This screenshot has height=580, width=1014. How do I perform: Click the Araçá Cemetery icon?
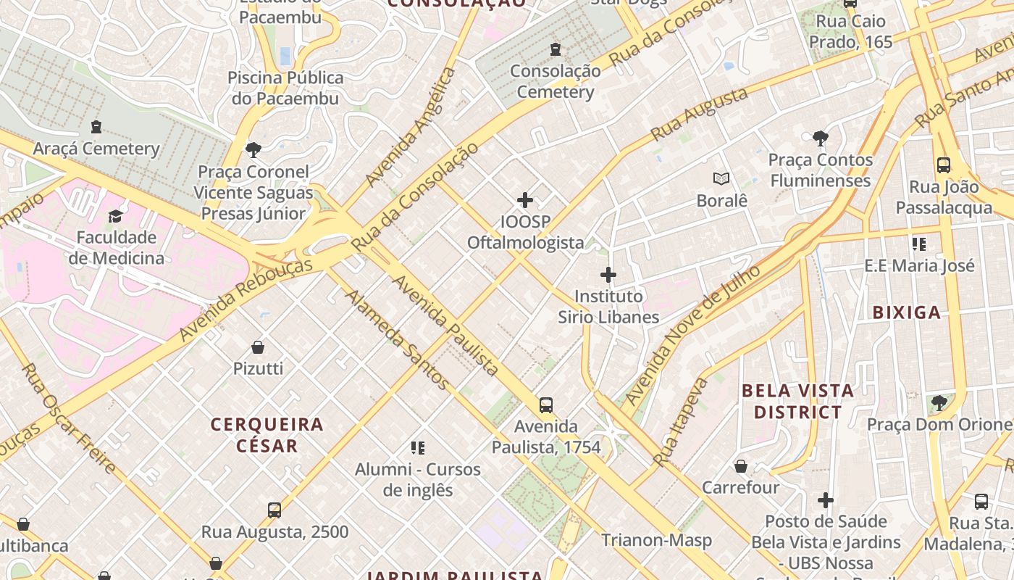[x=96, y=128]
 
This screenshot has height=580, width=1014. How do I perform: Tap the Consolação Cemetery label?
[x=556, y=81]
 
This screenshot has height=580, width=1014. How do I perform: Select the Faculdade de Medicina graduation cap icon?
[x=116, y=216]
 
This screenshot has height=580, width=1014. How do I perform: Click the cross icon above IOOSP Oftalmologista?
[x=525, y=200]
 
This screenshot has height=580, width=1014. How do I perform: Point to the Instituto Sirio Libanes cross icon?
[x=608, y=275]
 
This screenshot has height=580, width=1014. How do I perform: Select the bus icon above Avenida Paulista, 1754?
[x=546, y=405]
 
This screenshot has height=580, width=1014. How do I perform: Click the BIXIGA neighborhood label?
[x=906, y=312]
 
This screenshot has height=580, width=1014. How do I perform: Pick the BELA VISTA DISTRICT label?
[x=797, y=402]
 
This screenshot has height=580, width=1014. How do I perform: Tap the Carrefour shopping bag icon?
[x=741, y=466]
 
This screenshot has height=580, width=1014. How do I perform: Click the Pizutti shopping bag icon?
[x=258, y=347]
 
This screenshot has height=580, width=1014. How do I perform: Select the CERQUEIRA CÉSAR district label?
[x=267, y=434]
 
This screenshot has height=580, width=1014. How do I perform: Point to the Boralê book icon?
[x=721, y=178]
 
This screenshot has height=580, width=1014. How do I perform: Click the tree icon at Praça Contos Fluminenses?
[x=821, y=138]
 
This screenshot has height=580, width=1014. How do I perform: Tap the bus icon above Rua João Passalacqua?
[x=943, y=165]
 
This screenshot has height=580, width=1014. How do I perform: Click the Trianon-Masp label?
[x=656, y=540]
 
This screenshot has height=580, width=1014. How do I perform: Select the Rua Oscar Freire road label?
[x=68, y=419]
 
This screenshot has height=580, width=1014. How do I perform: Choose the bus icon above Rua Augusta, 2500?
[x=275, y=510]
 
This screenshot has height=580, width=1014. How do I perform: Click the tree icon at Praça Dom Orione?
[x=939, y=402]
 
